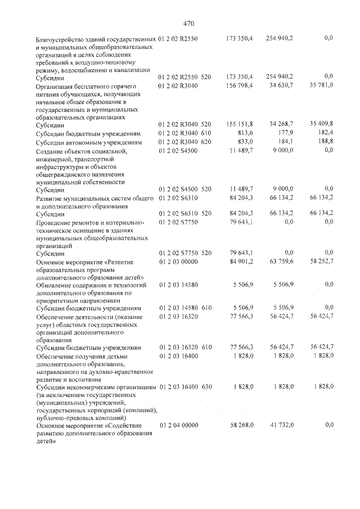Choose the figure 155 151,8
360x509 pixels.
click(239, 124)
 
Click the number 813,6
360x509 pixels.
click(244, 133)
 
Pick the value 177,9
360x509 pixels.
click(293, 133)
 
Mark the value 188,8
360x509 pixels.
click(326, 143)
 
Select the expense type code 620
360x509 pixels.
click(206, 143)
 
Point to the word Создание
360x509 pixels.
click(51, 152)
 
